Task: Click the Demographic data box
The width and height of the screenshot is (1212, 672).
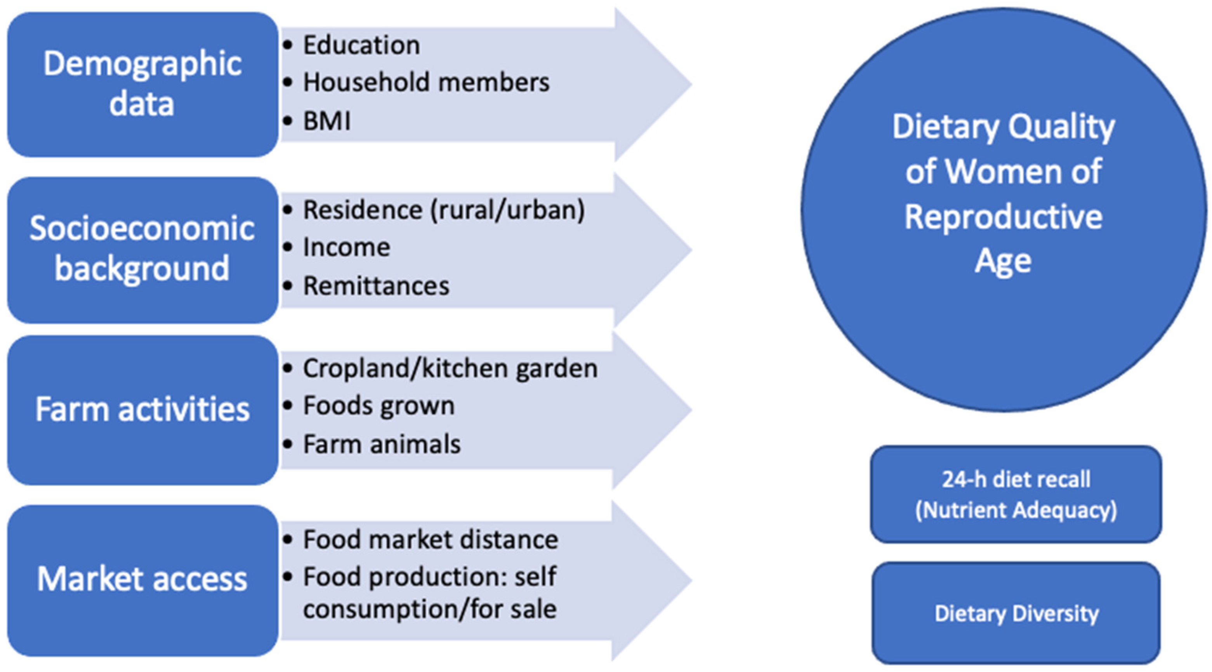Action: (x=142, y=85)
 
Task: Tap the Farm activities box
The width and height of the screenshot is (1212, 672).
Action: (x=142, y=410)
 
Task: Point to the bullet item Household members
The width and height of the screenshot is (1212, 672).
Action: (x=426, y=83)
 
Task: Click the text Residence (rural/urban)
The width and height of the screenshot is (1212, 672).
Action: (x=443, y=210)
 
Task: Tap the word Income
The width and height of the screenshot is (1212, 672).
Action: (x=346, y=248)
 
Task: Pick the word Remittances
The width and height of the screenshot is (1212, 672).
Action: (x=376, y=286)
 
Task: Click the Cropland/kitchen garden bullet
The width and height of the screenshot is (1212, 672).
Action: (x=450, y=368)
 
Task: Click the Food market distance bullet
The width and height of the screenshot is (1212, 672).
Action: (x=430, y=540)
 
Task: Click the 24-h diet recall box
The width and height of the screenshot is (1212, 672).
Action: (x=1015, y=494)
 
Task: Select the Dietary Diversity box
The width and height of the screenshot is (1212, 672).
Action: (x=1015, y=613)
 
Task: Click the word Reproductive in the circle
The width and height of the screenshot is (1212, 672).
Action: (x=1003, y=217)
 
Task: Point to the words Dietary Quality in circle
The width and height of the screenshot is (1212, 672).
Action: (x=1003, y=127)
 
